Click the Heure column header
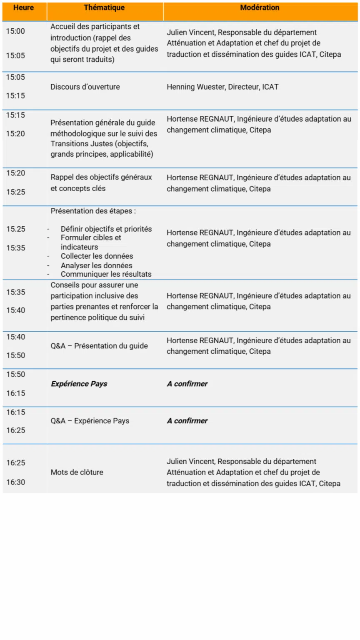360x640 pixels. pos(23,8)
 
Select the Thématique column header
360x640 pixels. pos(104,8)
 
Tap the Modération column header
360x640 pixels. pos(260,8)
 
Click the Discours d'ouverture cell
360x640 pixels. pos(85,87)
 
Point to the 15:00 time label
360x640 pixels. pos(15,31)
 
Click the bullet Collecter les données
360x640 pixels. pos(97,256)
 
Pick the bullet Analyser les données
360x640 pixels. pos(96,265)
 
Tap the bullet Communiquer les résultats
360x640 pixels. pos(106,274)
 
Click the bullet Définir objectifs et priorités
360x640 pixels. pos(106,229)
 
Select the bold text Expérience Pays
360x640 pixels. pos(79,384)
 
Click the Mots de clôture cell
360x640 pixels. pos(77,472)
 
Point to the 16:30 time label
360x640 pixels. pos(15,482)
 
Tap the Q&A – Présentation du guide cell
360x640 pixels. pos(99,346)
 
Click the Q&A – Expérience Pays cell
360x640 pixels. pos(90,421)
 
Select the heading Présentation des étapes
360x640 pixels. pos(93,211)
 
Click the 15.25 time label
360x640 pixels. pos(15,229)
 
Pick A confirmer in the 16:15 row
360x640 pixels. pos(187,421)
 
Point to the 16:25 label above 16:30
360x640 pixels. pos(15,463)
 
